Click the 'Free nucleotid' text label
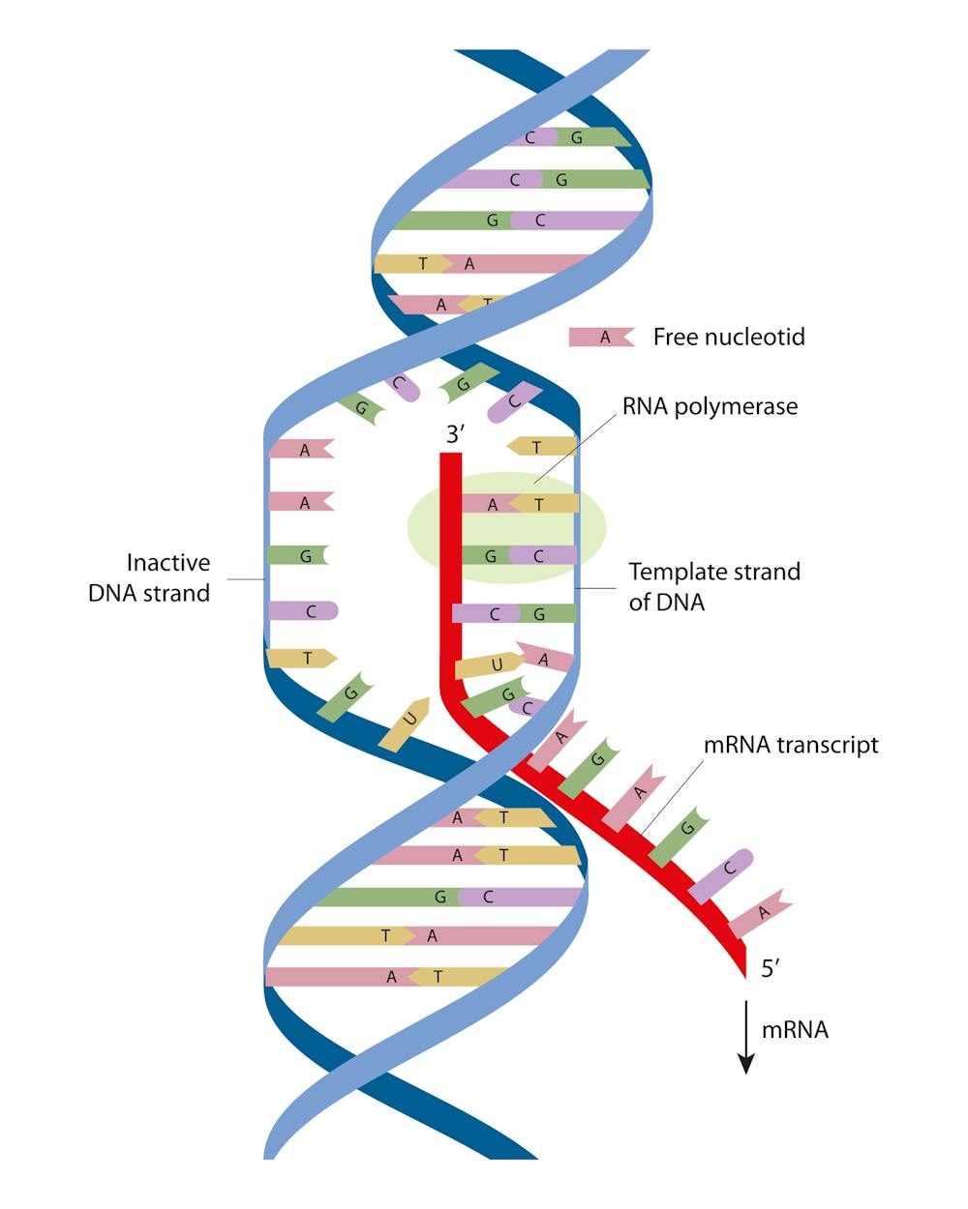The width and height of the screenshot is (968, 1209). click(729, 337)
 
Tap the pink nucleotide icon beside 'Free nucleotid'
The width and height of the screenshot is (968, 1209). click(601, 337)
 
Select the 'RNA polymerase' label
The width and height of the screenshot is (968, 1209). click(710, 405)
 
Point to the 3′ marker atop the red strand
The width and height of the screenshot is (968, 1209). click(455, 434)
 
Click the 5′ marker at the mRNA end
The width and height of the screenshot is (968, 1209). click(770, 969)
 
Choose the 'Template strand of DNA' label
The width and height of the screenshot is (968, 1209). click(714, 586)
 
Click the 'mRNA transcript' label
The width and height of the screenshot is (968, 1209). click(790, 745)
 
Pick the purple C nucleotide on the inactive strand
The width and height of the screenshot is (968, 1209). click(303, 611)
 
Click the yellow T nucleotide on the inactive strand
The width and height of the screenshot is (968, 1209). click(301, 658)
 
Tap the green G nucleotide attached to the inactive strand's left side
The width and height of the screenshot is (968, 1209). click(298, 556)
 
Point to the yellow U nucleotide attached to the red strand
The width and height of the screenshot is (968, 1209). click(490, 665)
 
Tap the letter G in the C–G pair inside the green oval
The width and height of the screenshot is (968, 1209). click(491, 556)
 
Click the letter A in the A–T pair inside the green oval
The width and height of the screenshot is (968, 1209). click(492, 504)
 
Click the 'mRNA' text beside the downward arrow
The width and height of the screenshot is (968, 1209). click(795, 1029)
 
